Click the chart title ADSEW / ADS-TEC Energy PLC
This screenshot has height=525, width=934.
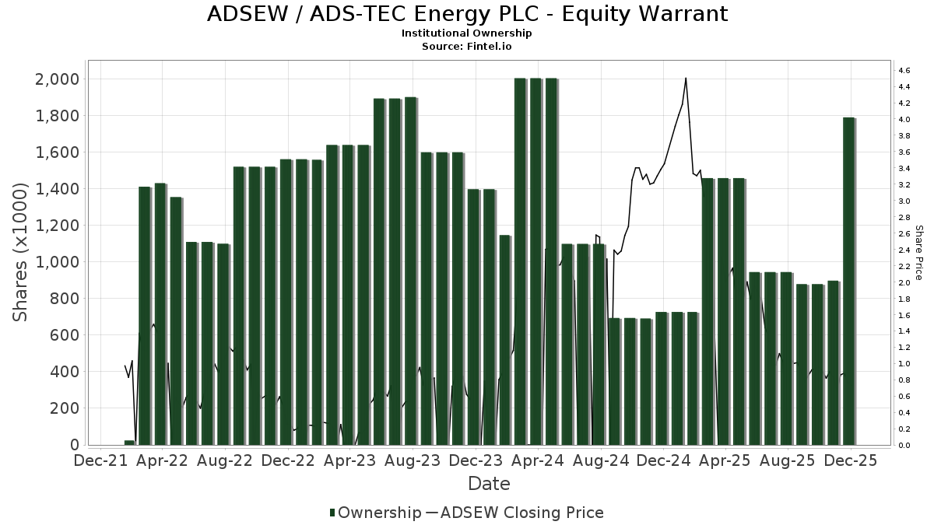coord(467,14)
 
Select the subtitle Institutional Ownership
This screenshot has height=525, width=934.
coord(467,33)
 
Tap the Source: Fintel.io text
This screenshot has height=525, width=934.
coord(467,47)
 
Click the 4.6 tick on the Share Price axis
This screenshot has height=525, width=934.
coord(904,71)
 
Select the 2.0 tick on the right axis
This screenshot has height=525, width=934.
coord(904,283)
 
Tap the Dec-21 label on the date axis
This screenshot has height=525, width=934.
coord(100,460)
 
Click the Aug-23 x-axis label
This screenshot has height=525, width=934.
coord(413,460)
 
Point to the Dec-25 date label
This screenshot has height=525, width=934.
coord(851,460)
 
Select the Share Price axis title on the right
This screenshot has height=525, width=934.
coord(918,253)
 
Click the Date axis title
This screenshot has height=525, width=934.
coord(489,484)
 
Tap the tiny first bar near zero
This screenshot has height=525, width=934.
coord(129,443)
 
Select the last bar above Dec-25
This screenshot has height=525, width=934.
coord(849,280)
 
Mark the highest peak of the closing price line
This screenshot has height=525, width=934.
coord(686,79)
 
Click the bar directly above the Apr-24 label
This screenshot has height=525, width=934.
coord(536,261)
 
